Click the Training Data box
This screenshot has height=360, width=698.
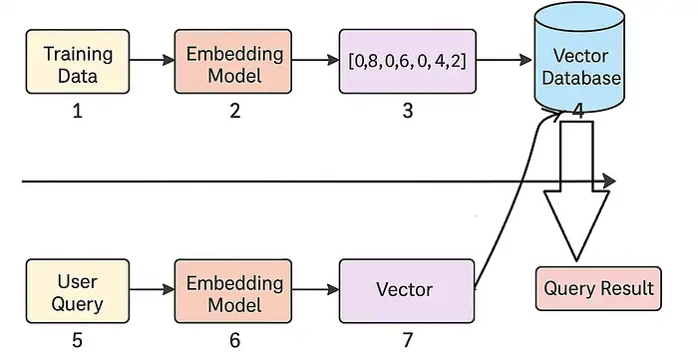pyautogui.click(x=78, y=62)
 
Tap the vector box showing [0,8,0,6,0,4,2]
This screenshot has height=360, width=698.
pyautogui.click(x=407, y=62)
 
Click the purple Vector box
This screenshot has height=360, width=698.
pyautogui.click(x=406, y=289)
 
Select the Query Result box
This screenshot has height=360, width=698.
pyautogui.click(x=598, y=289)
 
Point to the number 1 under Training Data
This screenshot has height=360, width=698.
pyautogui.click(x=77, y=112)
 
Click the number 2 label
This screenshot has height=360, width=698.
pyautogui.click(x=235, y=112)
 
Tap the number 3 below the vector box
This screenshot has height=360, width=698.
pyautogui.click(x=407, y=112)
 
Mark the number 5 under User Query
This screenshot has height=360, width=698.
pyautogui.click(x=77, y=340)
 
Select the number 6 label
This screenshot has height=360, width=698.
pyautogui.click(x=235, y=340)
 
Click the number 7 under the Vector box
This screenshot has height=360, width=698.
pyautogui.click(x=406, y=340)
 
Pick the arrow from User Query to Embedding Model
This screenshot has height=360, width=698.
pyautogui.click(x=152, y=290)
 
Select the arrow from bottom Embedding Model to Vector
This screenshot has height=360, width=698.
pyautogui.click(x=317, y=290)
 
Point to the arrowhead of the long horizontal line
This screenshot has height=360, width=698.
pyautogui.click(x=608, y=182)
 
